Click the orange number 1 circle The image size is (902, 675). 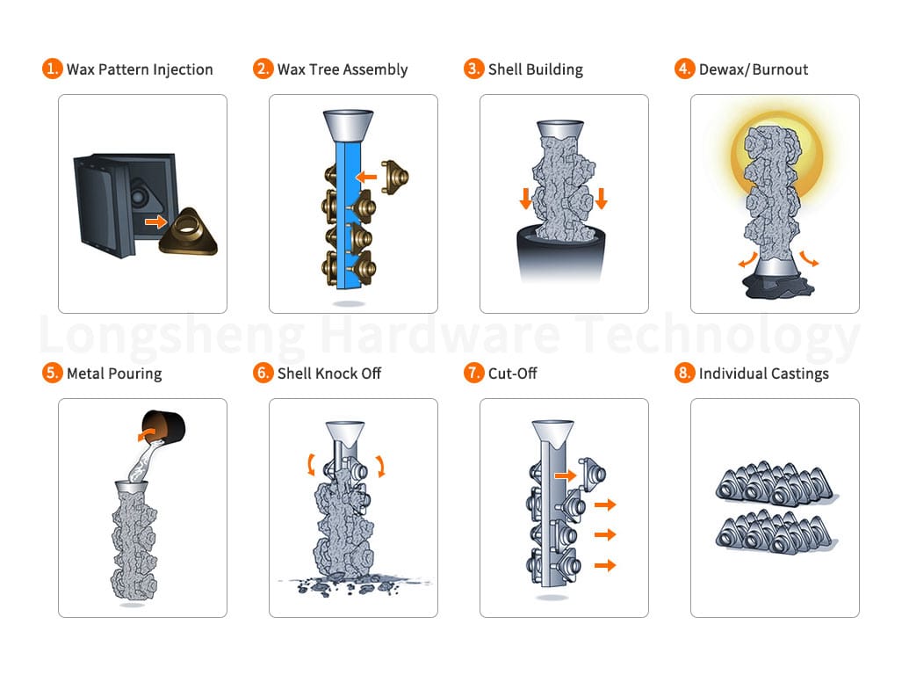[x=53, y=69]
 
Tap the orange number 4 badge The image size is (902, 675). [x=685, y=69]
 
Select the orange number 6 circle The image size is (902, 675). [x=263, y=373]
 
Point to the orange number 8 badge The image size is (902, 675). [x=685, y=373]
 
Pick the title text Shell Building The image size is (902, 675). [x=536, y=69]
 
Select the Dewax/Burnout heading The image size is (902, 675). [x=754, y=69]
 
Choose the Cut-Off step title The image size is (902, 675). [x=513, y=374]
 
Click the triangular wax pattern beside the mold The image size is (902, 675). [x=189, y=231]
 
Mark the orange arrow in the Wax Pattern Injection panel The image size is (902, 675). [x=155, y=221]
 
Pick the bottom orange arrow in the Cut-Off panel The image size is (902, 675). [x=605, y=565]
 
